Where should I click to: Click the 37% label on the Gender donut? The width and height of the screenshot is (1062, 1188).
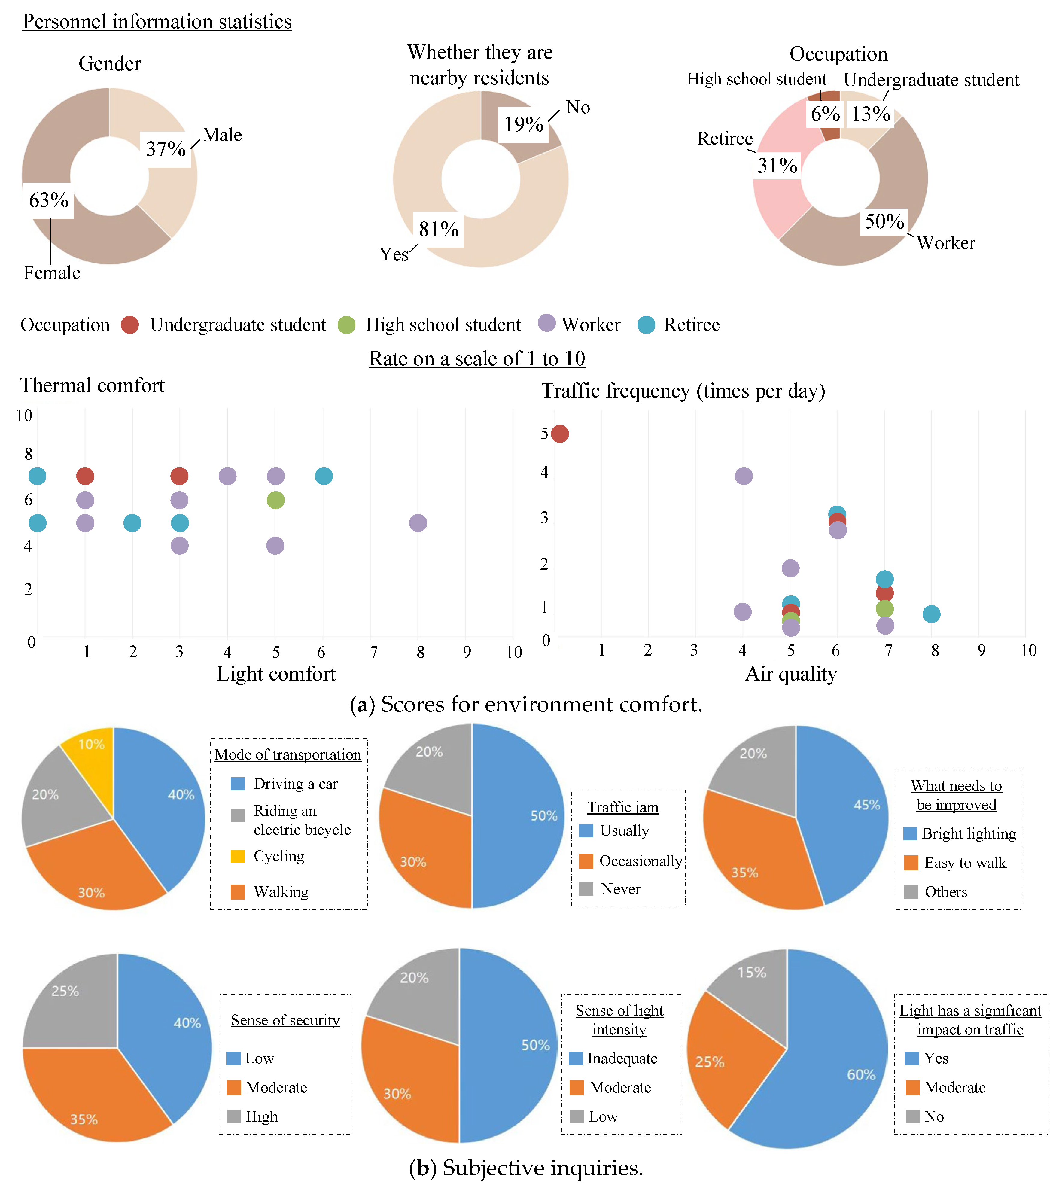pos(166,149)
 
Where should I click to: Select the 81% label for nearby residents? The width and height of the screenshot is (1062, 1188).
pos(439,229)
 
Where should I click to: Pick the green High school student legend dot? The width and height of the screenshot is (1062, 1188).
pos(347,325)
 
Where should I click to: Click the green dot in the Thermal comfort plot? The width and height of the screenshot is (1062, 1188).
pos(275,500)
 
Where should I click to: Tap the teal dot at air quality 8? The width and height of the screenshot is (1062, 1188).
pos(931,614)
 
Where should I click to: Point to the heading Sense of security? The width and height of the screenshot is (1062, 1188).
pos(285,1020)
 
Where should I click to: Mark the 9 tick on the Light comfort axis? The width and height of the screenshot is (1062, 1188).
pos(467,652)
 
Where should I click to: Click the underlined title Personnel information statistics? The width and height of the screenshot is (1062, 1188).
pos(157,22)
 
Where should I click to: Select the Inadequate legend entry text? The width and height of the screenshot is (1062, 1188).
pos(622,1059)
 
